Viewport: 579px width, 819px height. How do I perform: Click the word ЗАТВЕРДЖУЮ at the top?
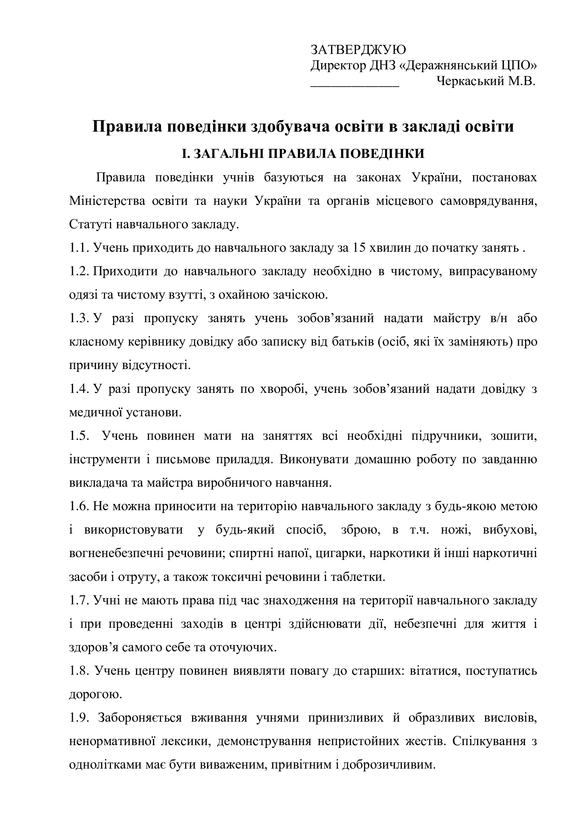pos(358,49)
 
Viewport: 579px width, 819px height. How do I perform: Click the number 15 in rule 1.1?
pos(358,248)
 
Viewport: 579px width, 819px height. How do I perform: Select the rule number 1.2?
pos(79,271)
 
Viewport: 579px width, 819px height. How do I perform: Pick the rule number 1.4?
pos(79,389)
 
